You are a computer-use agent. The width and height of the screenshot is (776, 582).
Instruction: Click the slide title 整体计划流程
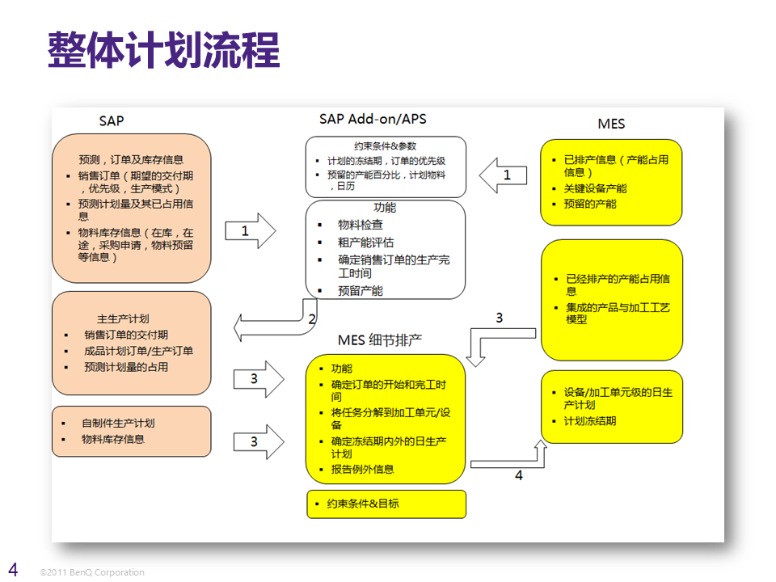coord(163,50)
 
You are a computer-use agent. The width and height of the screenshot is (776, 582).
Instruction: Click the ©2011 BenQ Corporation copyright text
coord(92,572)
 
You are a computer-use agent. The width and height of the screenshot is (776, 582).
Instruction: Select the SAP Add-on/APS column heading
coord(373,119)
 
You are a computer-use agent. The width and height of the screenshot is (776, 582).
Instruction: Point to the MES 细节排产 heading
coord(380,339)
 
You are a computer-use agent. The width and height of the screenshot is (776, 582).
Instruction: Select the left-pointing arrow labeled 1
coord(502,175)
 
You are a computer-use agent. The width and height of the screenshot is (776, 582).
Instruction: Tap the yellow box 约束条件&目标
coord(386,504)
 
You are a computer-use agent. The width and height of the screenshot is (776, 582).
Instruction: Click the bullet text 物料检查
coord(361,224)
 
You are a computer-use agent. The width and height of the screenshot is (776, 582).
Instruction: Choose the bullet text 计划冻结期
coord(590,421)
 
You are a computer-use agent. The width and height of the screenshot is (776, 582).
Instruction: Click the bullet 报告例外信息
coord(363,469)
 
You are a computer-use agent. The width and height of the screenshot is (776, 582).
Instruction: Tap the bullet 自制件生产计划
coord(118,423)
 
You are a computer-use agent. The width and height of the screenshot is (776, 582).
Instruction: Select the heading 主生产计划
coord(123,318)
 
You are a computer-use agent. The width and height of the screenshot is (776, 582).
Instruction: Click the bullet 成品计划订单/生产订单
coord(139,351)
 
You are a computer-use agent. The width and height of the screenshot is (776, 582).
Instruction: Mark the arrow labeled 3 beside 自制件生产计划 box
coord(258,441)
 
